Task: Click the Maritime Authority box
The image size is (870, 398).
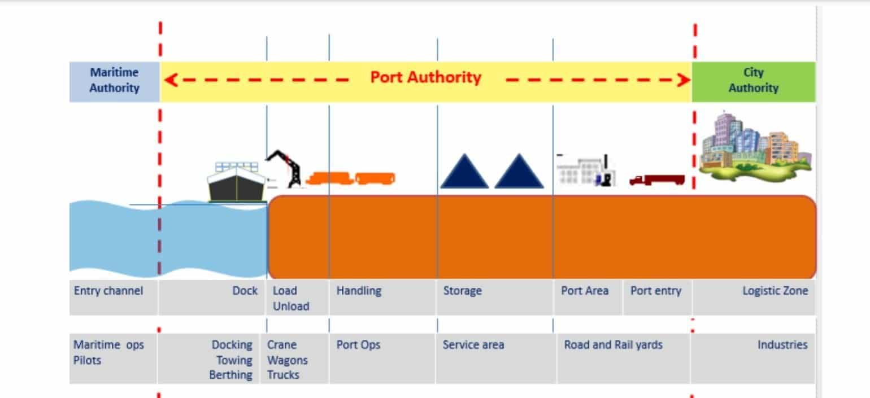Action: coord(114,81)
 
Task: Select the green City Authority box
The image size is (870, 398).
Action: coord(753,81)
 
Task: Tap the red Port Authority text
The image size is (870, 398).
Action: coord(425,77)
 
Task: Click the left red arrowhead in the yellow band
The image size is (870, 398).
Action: coord(171,80)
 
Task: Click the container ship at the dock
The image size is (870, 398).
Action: coord(236,182)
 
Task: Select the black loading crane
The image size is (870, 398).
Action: coord(287,168)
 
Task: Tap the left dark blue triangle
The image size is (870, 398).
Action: coord(464,172)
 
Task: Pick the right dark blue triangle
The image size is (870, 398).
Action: coord(519,172)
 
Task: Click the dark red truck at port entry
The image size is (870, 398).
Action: coord(656,180)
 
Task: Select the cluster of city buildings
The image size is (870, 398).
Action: coord(754,146)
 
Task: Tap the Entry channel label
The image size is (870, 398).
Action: coord(108,291)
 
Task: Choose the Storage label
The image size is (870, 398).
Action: coord(462,291)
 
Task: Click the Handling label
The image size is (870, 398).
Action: coord(359,291)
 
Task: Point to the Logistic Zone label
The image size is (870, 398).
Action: coord(775,291)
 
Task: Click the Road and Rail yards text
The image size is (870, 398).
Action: coord(613,345)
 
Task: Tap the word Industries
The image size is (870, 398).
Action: coord(782,345)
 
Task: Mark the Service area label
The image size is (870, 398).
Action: coord(473,345)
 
